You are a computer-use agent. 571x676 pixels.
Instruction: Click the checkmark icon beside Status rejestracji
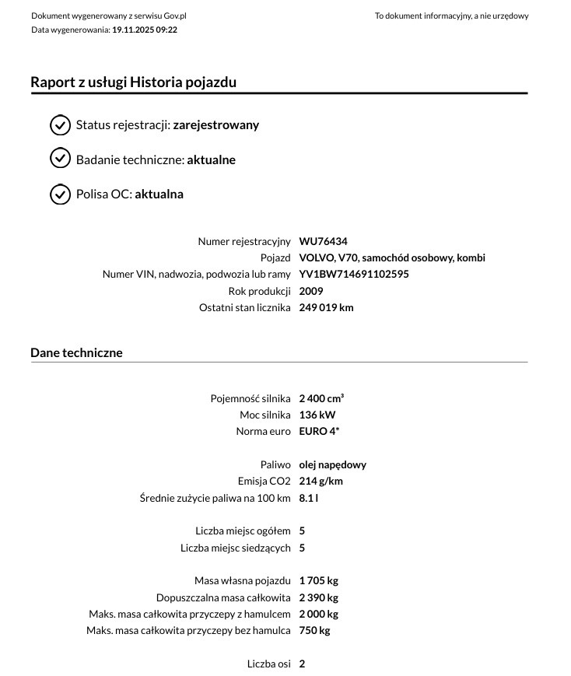[60, 124]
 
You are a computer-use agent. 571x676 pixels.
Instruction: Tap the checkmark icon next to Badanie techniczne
[60, 159]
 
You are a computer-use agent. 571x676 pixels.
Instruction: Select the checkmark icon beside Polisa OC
[60, 194]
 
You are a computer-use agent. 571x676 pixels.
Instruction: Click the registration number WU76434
[323, 241]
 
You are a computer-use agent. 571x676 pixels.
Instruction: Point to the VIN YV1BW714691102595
[353, 274]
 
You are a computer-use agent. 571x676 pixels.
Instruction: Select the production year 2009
[310, 291]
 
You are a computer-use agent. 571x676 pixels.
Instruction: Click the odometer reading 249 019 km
[326, 307]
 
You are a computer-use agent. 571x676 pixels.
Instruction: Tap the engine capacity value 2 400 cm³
[321, 398]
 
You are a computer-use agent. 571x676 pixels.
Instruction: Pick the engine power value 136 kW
[317, 415]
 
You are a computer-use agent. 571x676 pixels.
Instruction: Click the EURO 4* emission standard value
[319, 431]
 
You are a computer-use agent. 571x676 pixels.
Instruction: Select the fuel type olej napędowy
[332, 464]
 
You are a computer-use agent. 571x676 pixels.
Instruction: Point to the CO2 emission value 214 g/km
[321, 481]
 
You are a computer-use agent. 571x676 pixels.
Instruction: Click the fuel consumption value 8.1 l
[308, 498]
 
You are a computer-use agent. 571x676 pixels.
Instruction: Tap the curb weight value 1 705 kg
[318, 580]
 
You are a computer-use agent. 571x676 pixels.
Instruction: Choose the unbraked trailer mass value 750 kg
[314, 630]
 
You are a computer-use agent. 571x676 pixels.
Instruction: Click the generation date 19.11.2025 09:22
[145, 30]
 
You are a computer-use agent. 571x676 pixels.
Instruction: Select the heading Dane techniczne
[76, 352]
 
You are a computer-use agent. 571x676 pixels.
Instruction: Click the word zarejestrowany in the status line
[215, 124]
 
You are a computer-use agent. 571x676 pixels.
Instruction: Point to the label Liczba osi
[268, 664]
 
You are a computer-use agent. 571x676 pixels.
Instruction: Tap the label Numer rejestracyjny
[243, 241]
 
